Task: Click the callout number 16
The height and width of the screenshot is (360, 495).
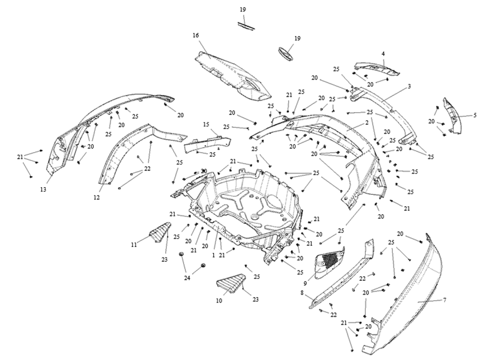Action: pyautogui.click(x=196, y=35)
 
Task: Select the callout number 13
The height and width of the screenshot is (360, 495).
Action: pyautogui.click(x=43, y=189)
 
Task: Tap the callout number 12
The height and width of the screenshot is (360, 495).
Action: pyautogui.click(x=97, y=198)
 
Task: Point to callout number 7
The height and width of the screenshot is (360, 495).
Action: pyautogui.click(x=445, y=300)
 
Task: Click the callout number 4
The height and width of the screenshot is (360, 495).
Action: pyautogui.click(x=383, y=54)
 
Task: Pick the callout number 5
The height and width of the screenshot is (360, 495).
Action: pyautogui.click(x=475, y=115)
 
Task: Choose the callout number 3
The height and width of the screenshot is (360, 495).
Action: pyautogui.click(x=409, y=86)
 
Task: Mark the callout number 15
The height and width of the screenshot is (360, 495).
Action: pyautogui.click(x=206, y=124)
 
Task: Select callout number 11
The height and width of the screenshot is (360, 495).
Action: pyautogui.click(x=134, y=244)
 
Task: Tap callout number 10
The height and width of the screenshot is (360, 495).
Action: pyautogui.click(x=219, y=301)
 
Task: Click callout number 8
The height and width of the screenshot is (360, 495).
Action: pyautogui.click(x=302, y=293)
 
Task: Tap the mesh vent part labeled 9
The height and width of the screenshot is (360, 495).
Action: pyautogui.click(x=328, y=262)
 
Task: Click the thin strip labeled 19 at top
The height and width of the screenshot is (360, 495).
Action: pyautogui.click(x=246, y=26)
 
